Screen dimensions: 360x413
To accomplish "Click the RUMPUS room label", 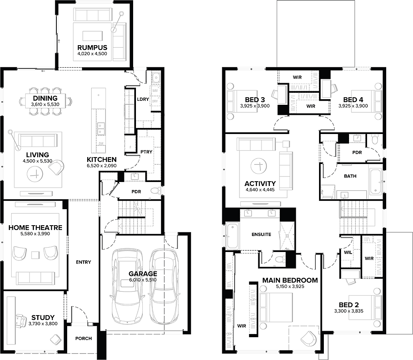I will [92, 48].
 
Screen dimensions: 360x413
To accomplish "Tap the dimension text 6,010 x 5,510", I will [143, 280].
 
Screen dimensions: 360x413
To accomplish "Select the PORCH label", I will [84, 338].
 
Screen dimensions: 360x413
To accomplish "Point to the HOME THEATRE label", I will [35, 228].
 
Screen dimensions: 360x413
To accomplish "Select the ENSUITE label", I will [261, 234].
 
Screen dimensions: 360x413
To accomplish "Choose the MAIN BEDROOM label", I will [290, 280].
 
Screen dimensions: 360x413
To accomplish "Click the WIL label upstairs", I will [348, 252].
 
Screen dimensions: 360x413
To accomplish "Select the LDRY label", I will [143, 99].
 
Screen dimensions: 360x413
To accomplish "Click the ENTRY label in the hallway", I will [83, 262].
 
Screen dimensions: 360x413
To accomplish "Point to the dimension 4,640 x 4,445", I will [260, 190].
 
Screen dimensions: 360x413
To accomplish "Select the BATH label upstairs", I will [350, 176].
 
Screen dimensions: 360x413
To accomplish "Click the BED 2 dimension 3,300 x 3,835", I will [349, 310].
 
